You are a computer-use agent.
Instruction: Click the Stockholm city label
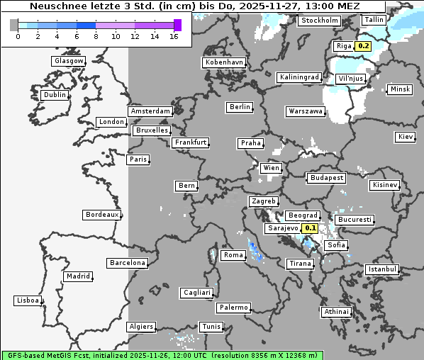coord(319,21)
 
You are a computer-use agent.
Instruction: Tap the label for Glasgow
coord(69,61)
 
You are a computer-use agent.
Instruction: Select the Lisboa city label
coord(28,300)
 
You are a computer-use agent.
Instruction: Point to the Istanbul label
coord(382,269)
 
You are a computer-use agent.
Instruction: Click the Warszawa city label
coord(306,111)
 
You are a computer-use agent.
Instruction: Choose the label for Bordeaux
coord(102,214)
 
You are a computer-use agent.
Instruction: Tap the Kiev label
coord(406,136)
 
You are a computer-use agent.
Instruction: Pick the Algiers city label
coord(140,327)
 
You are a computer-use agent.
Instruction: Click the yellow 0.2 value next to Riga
coord(364,46)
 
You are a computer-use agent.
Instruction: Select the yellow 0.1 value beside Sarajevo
coord(311,228)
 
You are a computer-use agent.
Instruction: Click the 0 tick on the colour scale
coord(18,35)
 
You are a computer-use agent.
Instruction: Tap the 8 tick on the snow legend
coord(96,35)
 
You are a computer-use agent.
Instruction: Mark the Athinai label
coord(336,311)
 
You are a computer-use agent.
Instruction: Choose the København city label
coord(224,62)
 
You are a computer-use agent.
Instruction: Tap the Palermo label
coord(233,308)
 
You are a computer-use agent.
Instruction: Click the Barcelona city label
coord(128,263)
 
